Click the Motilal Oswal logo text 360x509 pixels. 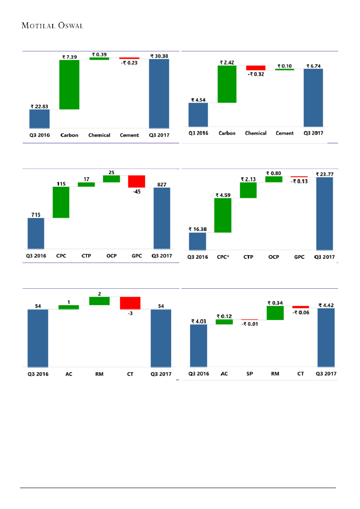(52, 25)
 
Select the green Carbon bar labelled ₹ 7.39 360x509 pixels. (69, 84)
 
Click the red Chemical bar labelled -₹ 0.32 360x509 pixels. (256, 68)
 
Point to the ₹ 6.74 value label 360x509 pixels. (313, 66)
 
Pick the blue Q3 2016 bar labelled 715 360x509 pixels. (36, 233)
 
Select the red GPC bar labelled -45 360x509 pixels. (137, 181)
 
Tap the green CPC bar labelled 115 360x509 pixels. (61, 202)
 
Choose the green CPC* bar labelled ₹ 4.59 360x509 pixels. (223, 215)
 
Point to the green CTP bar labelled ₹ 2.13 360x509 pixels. (248, 190)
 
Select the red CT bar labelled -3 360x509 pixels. (130, 303)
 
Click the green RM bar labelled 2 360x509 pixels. (99, 301)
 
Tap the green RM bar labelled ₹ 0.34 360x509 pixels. (275, 313)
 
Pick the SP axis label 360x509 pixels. (249, 374)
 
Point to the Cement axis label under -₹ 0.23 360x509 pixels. (129, 135)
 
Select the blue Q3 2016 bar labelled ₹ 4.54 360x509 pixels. (198, 115)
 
